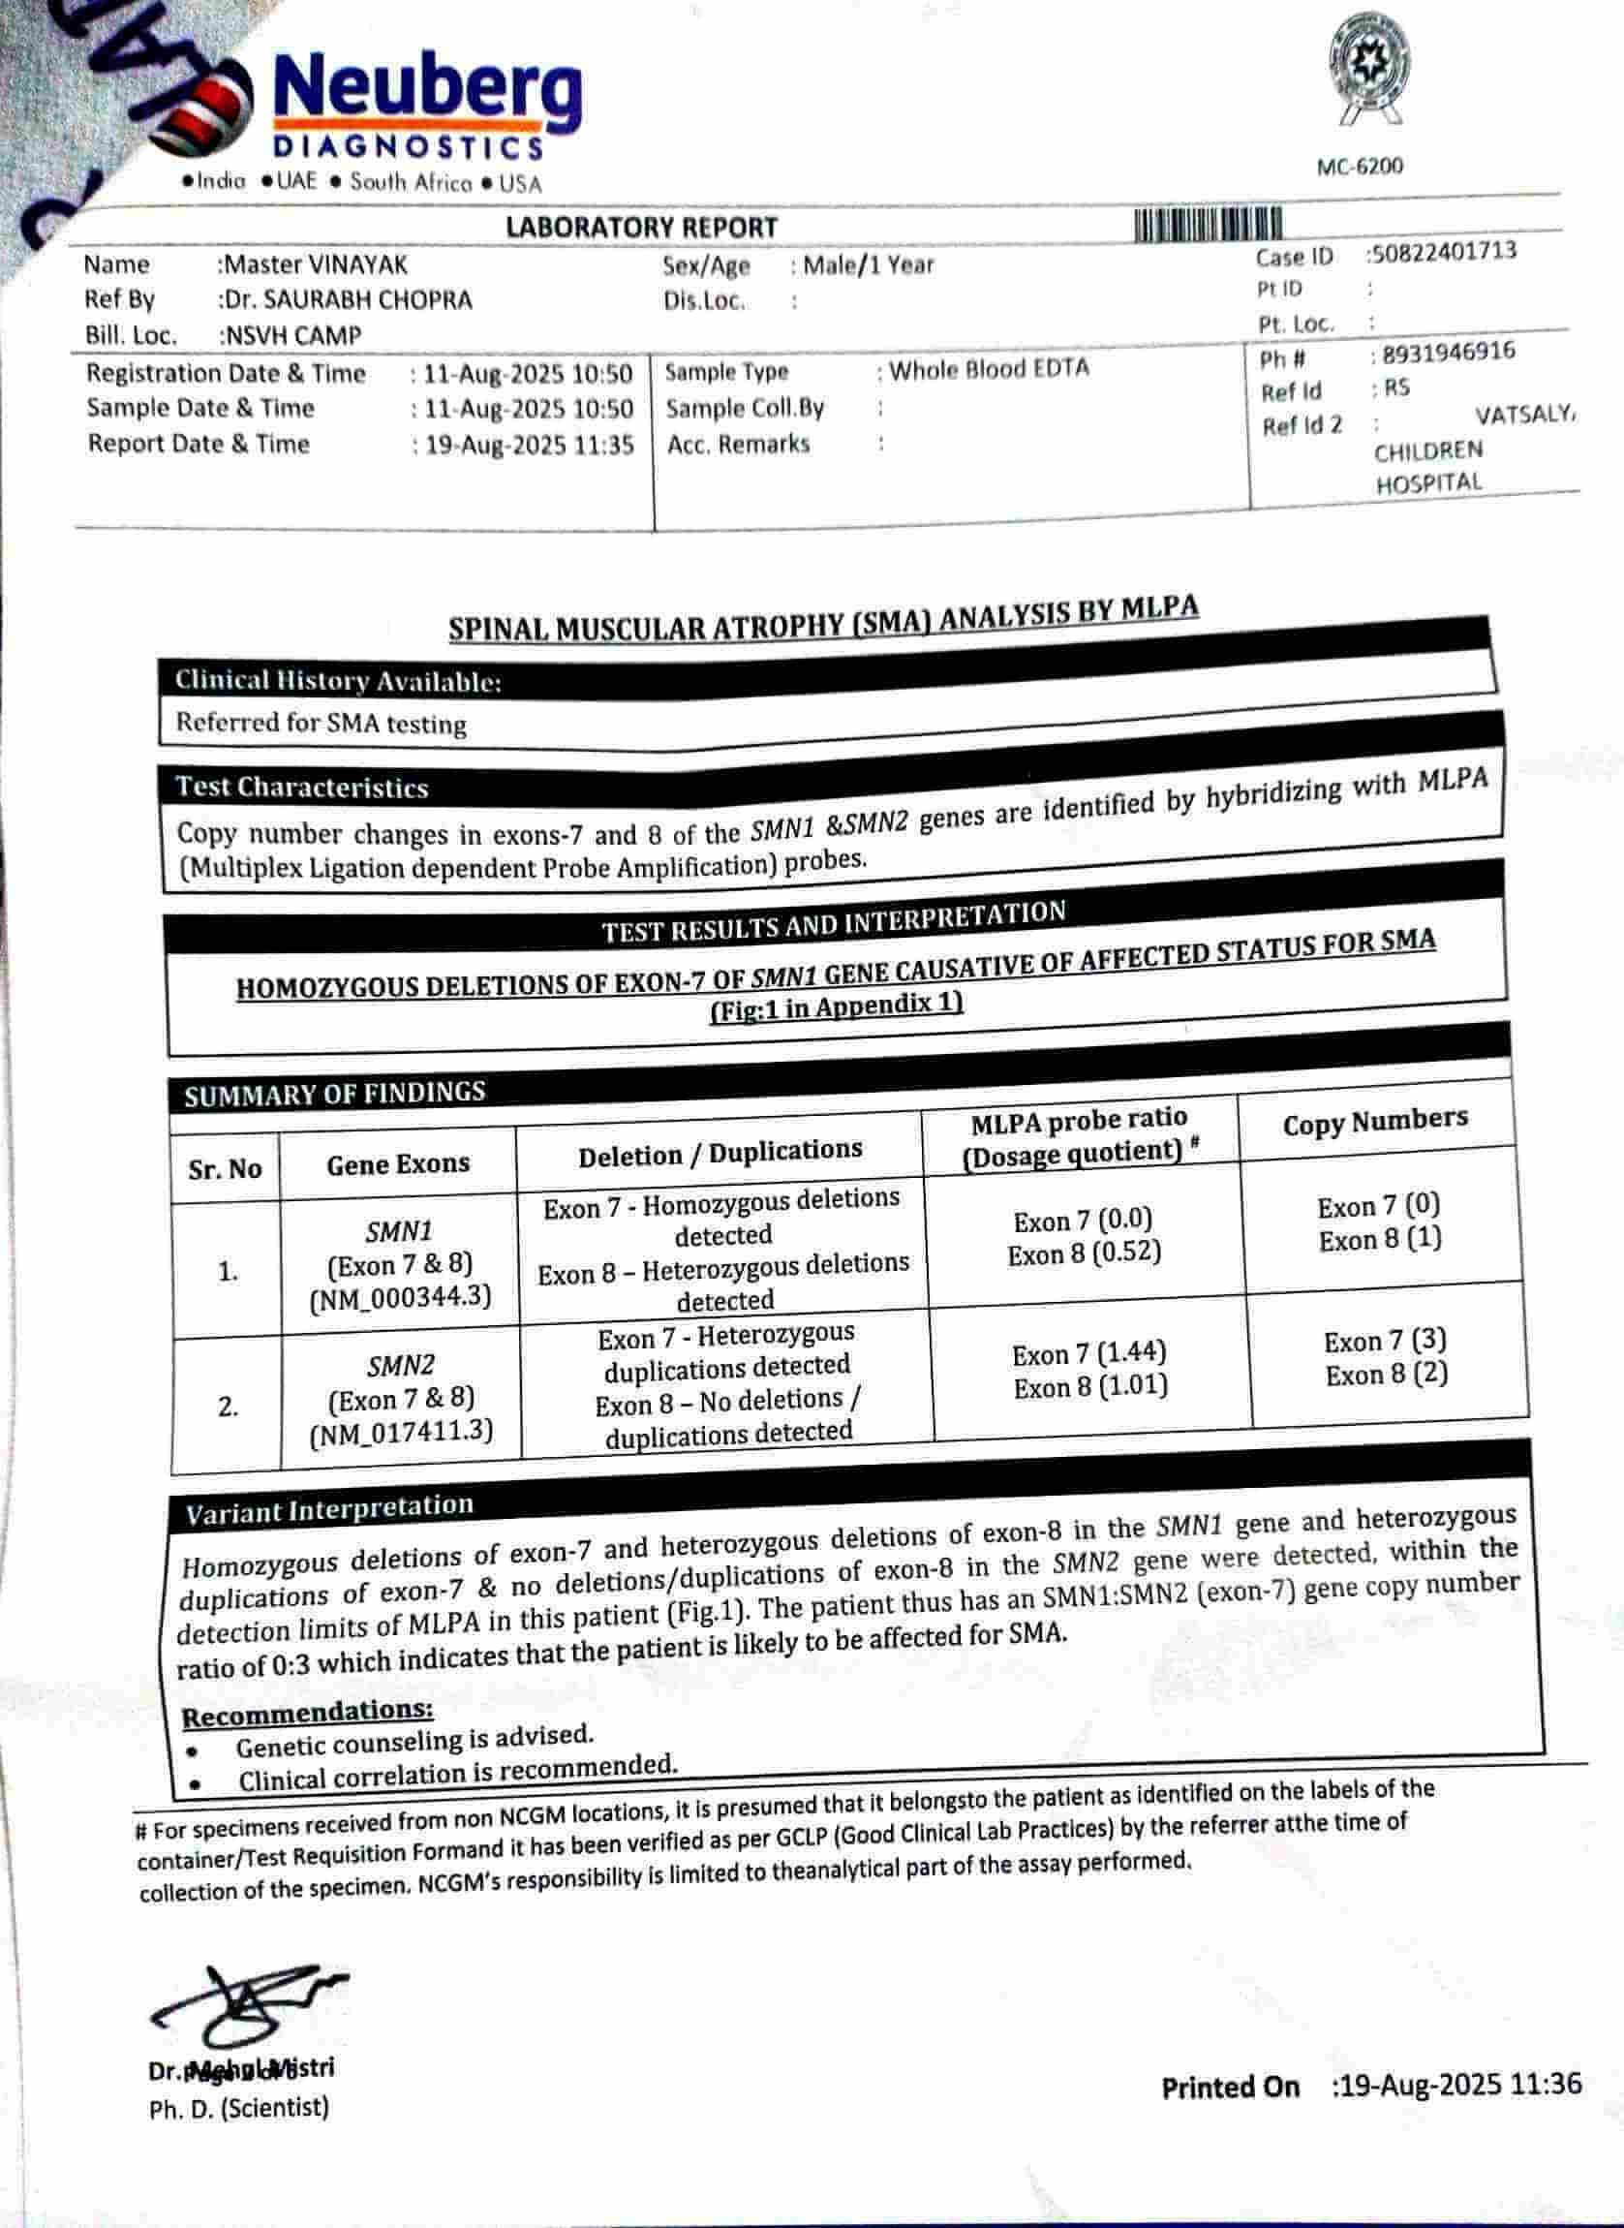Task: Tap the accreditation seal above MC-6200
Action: click(x=1368, y=67)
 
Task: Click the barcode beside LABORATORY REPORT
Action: click(x=1209, y=224)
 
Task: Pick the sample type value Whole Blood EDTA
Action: click(x=989, y=370)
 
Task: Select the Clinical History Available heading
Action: click(x=338, y=681)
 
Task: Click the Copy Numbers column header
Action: click(x=1374, y=1122)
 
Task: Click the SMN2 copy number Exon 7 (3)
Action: click(x=1384, y=1341)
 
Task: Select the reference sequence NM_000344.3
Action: click(x=400, y=1298)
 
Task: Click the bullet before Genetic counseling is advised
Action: click(x=192, y=1751)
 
